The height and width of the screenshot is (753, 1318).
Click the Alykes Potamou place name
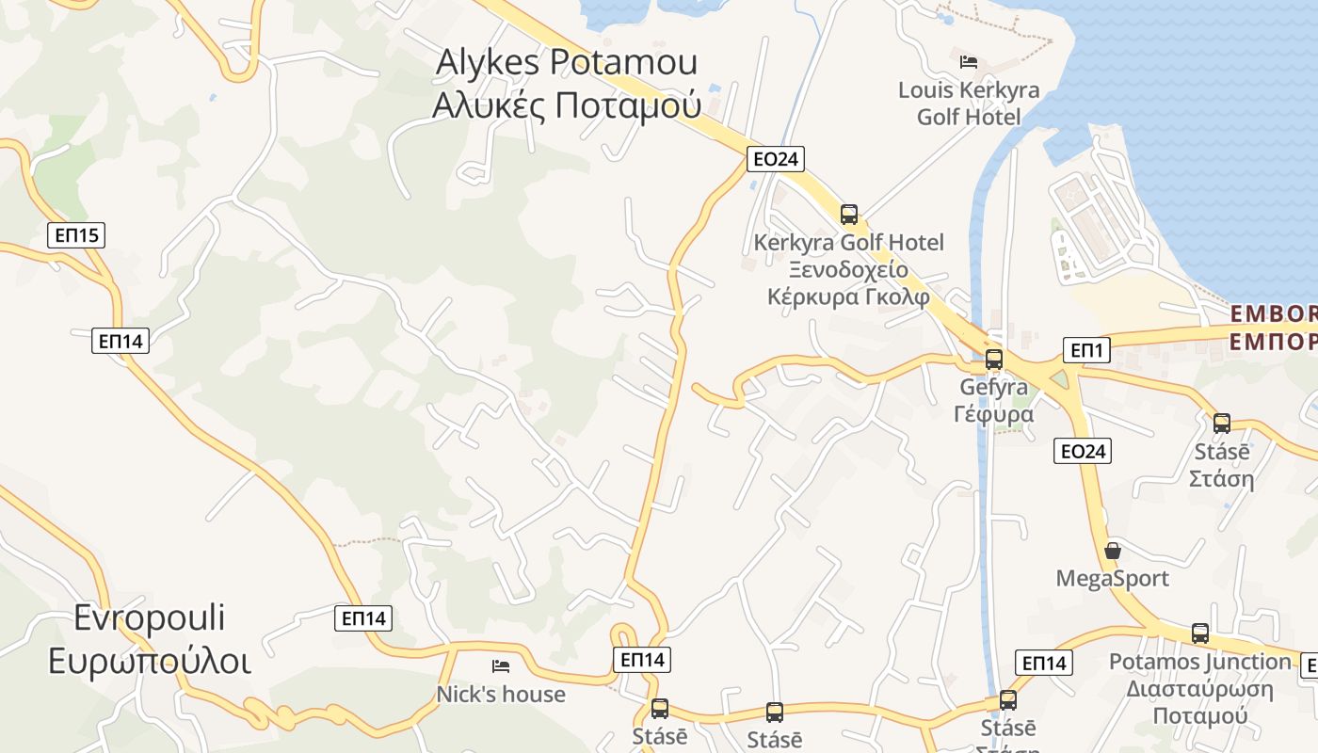[566, 62]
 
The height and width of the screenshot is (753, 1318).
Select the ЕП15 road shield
[76, 235]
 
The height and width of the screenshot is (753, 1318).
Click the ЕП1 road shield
[1087, 351]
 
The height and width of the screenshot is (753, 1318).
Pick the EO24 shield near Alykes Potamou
[776, 159]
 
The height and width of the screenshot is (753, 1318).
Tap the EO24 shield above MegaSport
[1083, 451]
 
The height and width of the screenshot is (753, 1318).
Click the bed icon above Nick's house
[501, 666]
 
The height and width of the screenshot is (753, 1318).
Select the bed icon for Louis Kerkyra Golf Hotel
[969, 62]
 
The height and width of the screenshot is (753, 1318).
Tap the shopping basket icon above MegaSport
[1113, 551]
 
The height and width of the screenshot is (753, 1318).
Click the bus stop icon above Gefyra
[993, 359]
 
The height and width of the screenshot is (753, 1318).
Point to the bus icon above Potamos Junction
[1199, 633]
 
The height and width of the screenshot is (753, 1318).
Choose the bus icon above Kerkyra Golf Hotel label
[849, 215]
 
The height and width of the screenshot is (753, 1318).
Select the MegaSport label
[1112, 578]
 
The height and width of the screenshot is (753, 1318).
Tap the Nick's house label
[501, 695]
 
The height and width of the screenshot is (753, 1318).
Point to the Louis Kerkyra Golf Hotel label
[969, 104]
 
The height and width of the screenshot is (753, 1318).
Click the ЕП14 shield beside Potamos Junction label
[1044, 663]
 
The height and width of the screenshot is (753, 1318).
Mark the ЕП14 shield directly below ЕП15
[121, 341]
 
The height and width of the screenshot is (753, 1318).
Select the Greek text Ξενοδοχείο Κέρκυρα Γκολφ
[848, 283]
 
